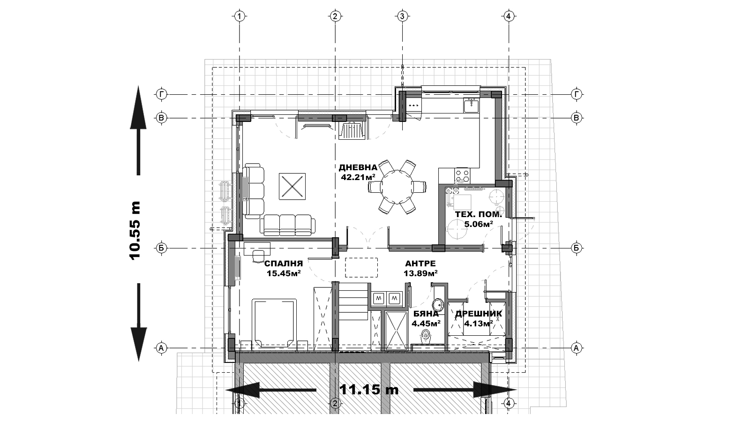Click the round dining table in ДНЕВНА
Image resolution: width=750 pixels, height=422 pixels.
397,187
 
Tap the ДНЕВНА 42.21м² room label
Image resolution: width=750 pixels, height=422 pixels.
358,172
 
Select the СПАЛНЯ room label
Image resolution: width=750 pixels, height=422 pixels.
284,264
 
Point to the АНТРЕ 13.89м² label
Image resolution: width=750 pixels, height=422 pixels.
420,268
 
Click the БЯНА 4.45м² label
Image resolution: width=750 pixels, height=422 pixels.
426,318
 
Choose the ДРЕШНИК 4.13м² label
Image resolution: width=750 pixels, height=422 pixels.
479,318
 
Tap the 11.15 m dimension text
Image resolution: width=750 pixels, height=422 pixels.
369,390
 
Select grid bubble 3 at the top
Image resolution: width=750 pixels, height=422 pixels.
402,16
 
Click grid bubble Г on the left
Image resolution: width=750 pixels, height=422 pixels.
162,95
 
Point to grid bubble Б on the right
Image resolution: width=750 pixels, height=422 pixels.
576,248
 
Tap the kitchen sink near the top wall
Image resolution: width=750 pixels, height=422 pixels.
472,105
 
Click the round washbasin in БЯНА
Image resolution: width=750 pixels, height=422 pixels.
438,305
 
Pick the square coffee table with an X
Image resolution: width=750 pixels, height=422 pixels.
292,186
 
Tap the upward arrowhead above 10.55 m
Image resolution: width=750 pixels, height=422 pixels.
138,107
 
